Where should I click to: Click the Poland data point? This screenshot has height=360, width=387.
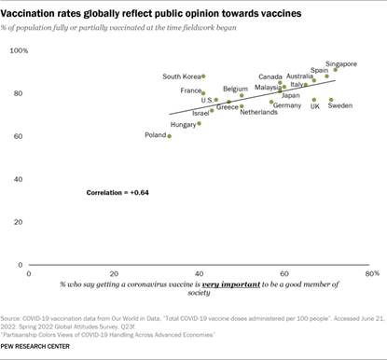(x=170, y=136)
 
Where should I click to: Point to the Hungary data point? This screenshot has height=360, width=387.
(x=199, y=123)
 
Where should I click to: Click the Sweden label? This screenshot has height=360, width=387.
(x=340, y=106)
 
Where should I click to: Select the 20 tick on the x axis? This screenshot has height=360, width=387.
(x=115, y=275)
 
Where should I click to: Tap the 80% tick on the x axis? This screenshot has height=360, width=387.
(x=370, y=275)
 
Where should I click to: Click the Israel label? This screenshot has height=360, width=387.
(x=200, y=112)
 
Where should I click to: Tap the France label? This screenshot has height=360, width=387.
(x=190, y=90)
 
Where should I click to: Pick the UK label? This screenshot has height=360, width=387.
(x=314, y=106)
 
